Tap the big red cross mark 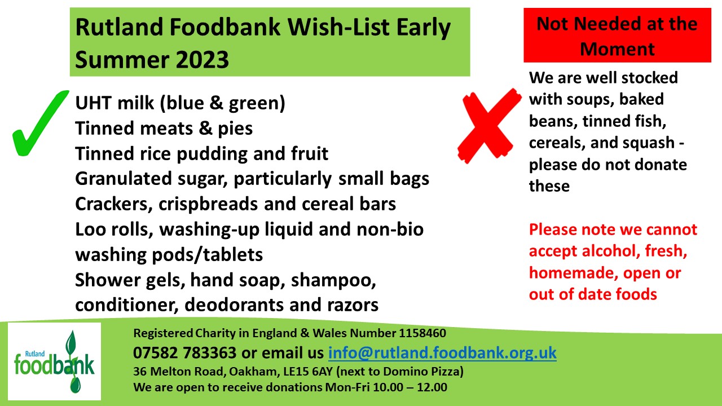[489, 126]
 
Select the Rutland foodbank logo [54, 361]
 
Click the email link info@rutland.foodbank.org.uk [442, 352]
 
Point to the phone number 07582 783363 [184, 352]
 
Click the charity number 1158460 [422, 333]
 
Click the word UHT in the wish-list [94, 103]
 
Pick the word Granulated [123, 179]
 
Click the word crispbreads [208, 204]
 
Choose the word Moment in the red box [617, 49]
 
